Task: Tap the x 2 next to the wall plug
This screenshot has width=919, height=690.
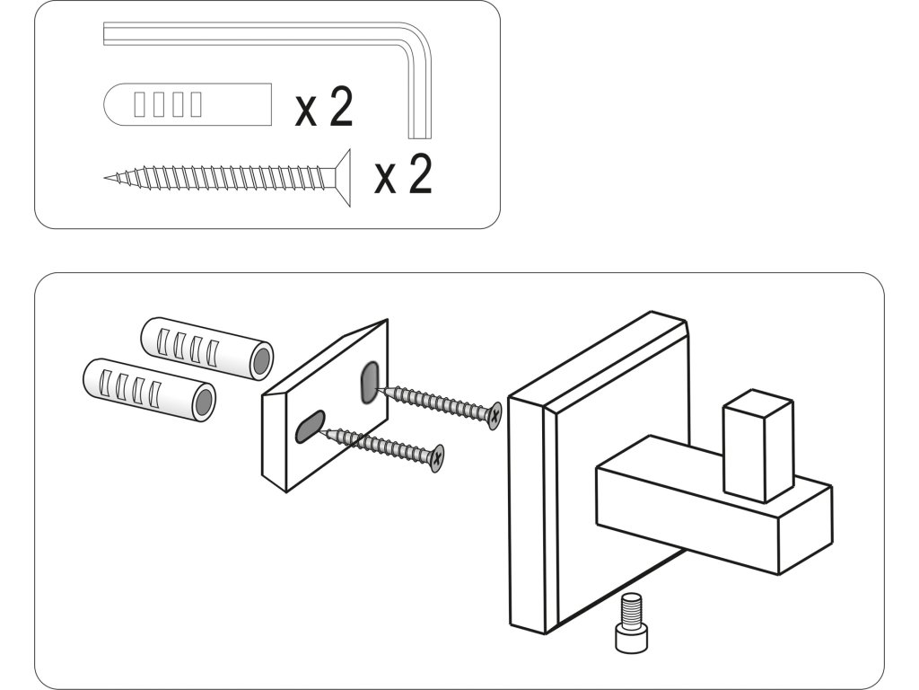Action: click(x=324, y=109)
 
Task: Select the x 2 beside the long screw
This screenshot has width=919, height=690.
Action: click(x=403, y=175)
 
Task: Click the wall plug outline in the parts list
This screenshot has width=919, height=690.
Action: click(x=188, y=104)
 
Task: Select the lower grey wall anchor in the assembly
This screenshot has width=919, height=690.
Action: click(x=149, y=388)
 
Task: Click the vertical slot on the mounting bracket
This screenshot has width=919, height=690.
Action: click(x=368, y=383)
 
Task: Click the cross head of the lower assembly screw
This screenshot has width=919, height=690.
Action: click(x=437, y=458)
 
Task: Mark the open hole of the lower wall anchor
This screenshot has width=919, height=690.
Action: click(x=205, y=402)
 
